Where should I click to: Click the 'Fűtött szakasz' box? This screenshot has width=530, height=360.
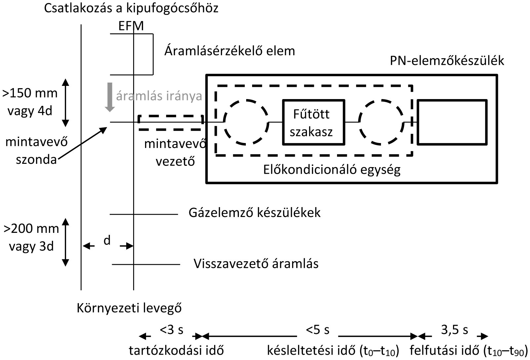313,122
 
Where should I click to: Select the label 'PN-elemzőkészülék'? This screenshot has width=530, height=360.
447,61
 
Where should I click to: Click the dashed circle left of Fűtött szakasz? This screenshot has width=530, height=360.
246,122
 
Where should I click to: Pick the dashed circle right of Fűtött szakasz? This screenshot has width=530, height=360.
381,122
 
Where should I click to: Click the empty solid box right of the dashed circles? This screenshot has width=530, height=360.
452,122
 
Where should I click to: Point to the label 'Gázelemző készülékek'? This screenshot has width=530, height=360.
254,212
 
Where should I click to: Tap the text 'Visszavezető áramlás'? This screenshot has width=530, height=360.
256,264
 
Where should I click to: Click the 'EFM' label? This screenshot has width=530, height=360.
131,26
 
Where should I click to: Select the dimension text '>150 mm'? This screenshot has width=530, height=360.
30,93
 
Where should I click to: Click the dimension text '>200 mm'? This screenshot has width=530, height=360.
31,229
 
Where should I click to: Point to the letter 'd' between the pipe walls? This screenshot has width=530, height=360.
107,241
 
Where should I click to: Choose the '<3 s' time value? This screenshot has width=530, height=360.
171,330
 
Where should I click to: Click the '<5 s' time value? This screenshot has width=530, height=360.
318,330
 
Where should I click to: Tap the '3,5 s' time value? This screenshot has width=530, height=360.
455,330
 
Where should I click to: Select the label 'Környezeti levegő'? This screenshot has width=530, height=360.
130,308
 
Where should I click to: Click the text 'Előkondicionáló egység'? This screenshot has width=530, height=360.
332,170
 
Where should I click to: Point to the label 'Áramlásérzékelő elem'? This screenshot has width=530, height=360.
230,51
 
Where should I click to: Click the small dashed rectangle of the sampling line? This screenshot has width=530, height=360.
170,123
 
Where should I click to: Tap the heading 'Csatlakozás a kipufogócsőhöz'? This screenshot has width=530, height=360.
131,8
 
